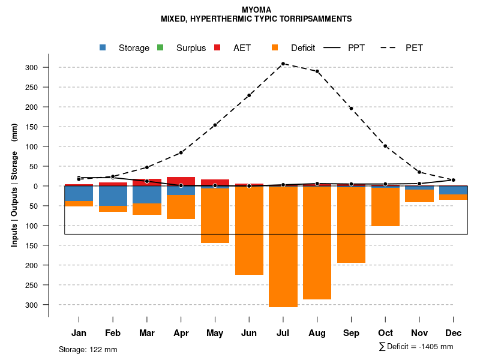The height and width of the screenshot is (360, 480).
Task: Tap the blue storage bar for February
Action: point(113,196)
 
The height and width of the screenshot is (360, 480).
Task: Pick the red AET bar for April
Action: point(181,181)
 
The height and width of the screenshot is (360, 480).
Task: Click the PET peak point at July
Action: point(283,64)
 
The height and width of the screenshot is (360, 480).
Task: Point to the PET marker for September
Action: point(351,109)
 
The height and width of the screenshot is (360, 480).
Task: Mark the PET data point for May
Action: point(215,125)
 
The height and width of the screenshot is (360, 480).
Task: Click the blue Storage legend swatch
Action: point(103,48)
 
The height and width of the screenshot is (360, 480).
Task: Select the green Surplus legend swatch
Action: point(160,48)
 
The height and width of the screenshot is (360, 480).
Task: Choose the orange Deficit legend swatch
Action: point(275,48)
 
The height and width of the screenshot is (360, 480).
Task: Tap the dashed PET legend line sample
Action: point(391,48)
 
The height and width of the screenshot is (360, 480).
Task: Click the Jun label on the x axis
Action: point(249,333)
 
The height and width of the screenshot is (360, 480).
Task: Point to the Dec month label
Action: point(453,333)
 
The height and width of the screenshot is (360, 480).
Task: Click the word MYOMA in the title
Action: point(256,10)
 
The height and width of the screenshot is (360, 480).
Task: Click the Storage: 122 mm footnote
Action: point(88,350)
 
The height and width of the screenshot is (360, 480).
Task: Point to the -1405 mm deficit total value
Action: point(436,347)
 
